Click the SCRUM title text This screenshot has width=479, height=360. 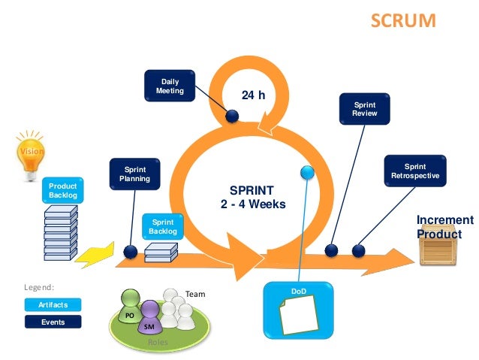click(x=403, y=20)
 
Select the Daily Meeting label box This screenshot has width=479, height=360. click(x=170, y=86)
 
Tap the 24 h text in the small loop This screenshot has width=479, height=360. click(x=253, y=95)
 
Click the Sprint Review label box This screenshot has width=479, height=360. click(x=365, y=109)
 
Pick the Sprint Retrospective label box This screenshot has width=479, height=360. click(x=415, y=171)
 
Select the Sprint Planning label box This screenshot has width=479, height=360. click(x=135, y=174)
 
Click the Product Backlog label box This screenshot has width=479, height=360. click(x=63, y=190)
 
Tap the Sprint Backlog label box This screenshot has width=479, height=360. click(x=163, y=227)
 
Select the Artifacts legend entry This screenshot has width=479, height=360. click(x=53, y=304)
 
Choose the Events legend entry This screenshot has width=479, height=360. click(x=53, y=322)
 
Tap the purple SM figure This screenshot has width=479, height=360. click(x=150, y=318)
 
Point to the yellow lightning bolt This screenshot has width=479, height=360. click(x=97, y=255)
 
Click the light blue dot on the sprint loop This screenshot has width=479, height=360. click(x=306, y=172)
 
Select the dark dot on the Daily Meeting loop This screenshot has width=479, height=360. click(x=232, y=116)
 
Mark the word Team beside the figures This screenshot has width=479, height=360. click(x=195, y=295)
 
